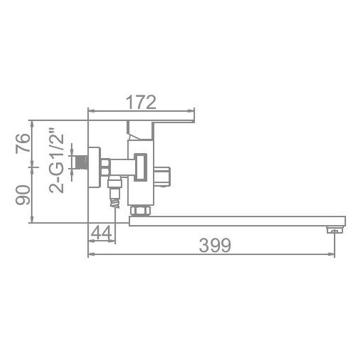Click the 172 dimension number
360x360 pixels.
pyautogui.click(x=142, y=101)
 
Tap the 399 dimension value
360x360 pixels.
pyautogui.click(x=215, y=245)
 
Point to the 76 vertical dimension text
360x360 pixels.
pyautogui.click(x=22, y=143)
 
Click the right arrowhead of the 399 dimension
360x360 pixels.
pyautogui.click(x=333, y=254)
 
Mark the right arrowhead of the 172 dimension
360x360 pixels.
pyautogui.click(x=192, y=110)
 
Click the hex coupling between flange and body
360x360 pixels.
pyautogui.click(x=106, y=166)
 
